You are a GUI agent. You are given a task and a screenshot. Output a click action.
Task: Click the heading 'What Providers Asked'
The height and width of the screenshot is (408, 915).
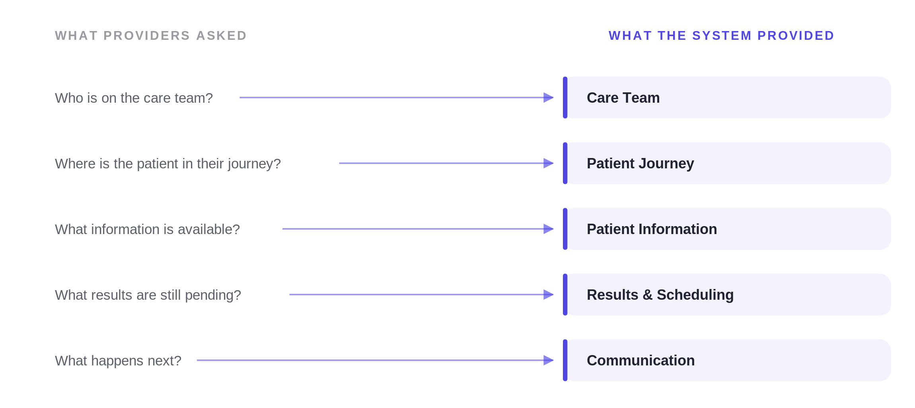tap(151, 36)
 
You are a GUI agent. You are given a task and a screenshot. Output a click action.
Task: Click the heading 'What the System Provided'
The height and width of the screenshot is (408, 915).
tap(721, 36)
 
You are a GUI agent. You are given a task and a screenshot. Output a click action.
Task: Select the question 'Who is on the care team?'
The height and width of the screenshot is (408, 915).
tap(134, 98)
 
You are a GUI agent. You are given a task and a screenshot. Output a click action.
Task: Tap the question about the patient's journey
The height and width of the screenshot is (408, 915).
tap(168, 164)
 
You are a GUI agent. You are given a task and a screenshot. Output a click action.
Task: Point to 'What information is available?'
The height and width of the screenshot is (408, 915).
tap(147, 229)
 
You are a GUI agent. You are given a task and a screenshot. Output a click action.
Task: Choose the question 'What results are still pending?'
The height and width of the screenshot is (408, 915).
tap(148, 295)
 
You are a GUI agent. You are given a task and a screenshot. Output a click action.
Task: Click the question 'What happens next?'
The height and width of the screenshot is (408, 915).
tap(118, 361)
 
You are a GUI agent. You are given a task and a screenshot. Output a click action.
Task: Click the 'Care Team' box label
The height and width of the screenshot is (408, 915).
tap(623, 98)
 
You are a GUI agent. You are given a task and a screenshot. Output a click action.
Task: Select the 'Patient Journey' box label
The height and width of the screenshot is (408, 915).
tap(640, 164)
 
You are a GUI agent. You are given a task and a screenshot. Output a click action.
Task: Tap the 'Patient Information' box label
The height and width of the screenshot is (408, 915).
tap(652, 229)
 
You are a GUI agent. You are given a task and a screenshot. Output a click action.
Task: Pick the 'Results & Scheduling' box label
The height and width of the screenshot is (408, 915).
tap(660, 295)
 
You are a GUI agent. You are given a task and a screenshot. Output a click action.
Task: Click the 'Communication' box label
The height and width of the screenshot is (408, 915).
tap(640, 361)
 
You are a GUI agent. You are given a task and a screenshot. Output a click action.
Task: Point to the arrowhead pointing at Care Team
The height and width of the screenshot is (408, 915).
tap(549, 98)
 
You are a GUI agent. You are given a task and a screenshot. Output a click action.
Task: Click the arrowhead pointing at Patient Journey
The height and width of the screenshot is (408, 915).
tap(549, 163)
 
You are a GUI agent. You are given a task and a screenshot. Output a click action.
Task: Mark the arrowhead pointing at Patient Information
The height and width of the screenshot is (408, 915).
tap(549, 229)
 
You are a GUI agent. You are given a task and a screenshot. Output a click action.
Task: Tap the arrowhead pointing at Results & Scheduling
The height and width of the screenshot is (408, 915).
tap(549, 295)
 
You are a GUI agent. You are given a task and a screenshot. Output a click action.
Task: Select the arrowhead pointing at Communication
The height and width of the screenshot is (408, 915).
tap(549, 360)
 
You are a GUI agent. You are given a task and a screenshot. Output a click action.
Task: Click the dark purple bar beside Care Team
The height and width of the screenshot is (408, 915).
tap(565, 98)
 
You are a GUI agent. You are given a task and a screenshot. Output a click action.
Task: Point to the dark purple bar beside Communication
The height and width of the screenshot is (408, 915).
tap(565, 360)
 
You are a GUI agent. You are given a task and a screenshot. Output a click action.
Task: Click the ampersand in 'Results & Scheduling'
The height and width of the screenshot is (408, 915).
tap(648, 295)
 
